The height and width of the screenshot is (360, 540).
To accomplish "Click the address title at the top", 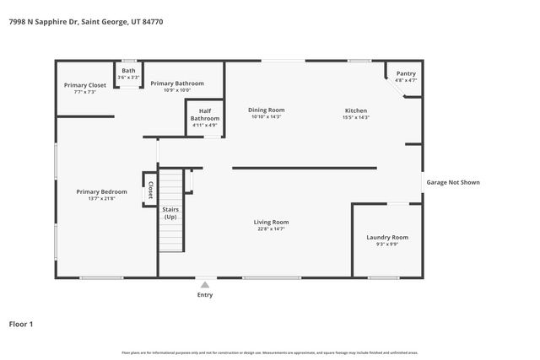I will point(85,22).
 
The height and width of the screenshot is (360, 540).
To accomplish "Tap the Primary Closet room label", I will point(85,85).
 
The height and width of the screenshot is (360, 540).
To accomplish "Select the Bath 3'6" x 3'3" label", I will point(128,73).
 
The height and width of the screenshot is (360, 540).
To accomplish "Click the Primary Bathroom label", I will point(177,83).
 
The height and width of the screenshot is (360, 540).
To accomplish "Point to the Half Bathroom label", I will point(205,115).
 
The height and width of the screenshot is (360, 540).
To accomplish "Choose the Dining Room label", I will point(266,110).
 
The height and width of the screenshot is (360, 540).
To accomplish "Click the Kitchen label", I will point(356,110).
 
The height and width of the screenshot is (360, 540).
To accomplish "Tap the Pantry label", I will point(406,74).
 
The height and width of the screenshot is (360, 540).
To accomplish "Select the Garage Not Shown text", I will point(452,182).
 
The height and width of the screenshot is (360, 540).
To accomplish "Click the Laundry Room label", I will point(387,237).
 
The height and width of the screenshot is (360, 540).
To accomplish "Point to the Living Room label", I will point(271,223).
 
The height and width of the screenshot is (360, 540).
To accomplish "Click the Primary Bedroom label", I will point(101,191).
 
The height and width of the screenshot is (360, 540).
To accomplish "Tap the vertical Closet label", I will point(150,190).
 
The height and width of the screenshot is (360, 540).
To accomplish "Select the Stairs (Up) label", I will point(170,213).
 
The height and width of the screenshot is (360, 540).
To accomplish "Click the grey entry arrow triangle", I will point(205,285).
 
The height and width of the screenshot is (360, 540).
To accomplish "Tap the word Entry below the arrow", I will point(205,295).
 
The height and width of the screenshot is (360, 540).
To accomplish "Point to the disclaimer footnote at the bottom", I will point(270,352).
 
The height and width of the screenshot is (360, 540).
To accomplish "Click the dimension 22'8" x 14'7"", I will point(271,228).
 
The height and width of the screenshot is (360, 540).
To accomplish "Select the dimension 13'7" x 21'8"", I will point(101,199).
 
